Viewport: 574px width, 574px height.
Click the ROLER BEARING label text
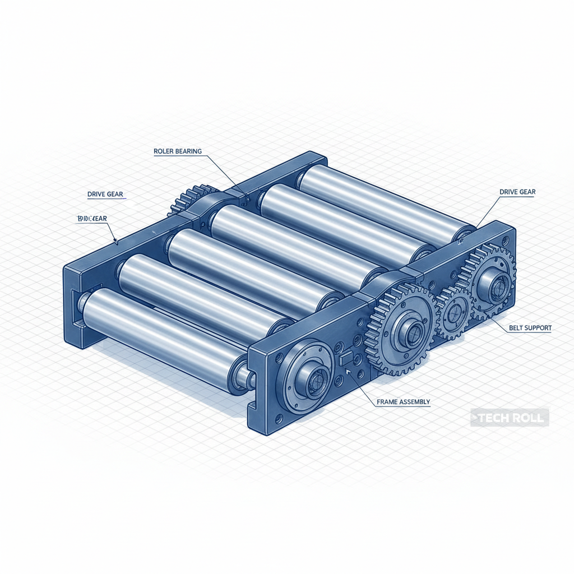click(x=177, y=151)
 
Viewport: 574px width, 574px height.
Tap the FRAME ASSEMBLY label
click(x=403, y=402)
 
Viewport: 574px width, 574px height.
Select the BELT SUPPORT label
click(x=530, y=327)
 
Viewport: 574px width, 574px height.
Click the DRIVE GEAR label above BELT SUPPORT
click(x=517, y=192)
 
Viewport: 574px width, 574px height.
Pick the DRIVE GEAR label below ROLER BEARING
click(x=105, y=195)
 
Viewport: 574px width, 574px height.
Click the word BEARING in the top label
click(x=188, y=151)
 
